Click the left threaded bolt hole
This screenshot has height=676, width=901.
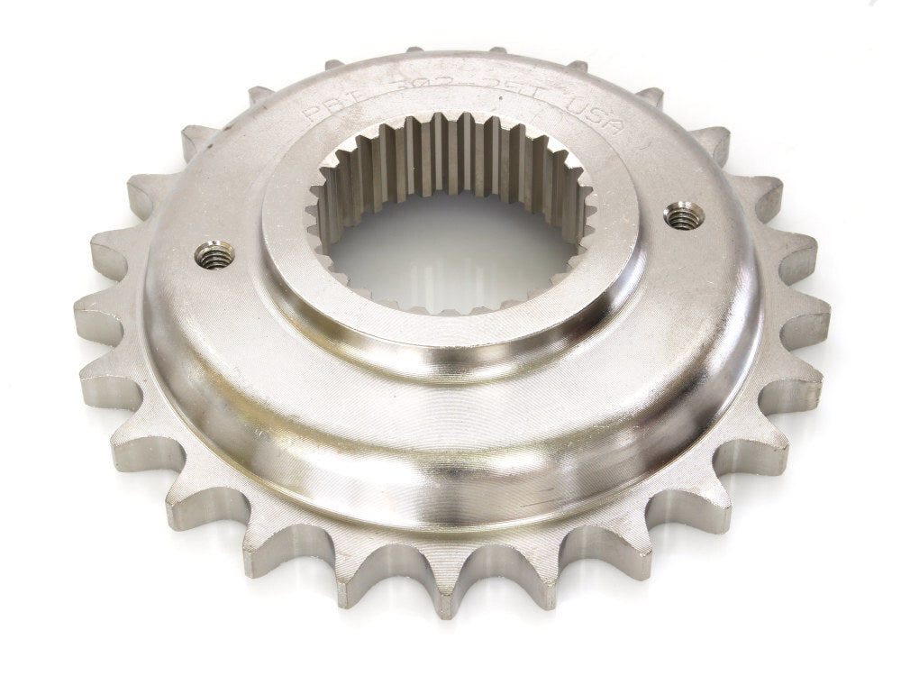point(214,254)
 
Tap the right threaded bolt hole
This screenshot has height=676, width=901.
point(684,215)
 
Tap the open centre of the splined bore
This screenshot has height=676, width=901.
point(450,252)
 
